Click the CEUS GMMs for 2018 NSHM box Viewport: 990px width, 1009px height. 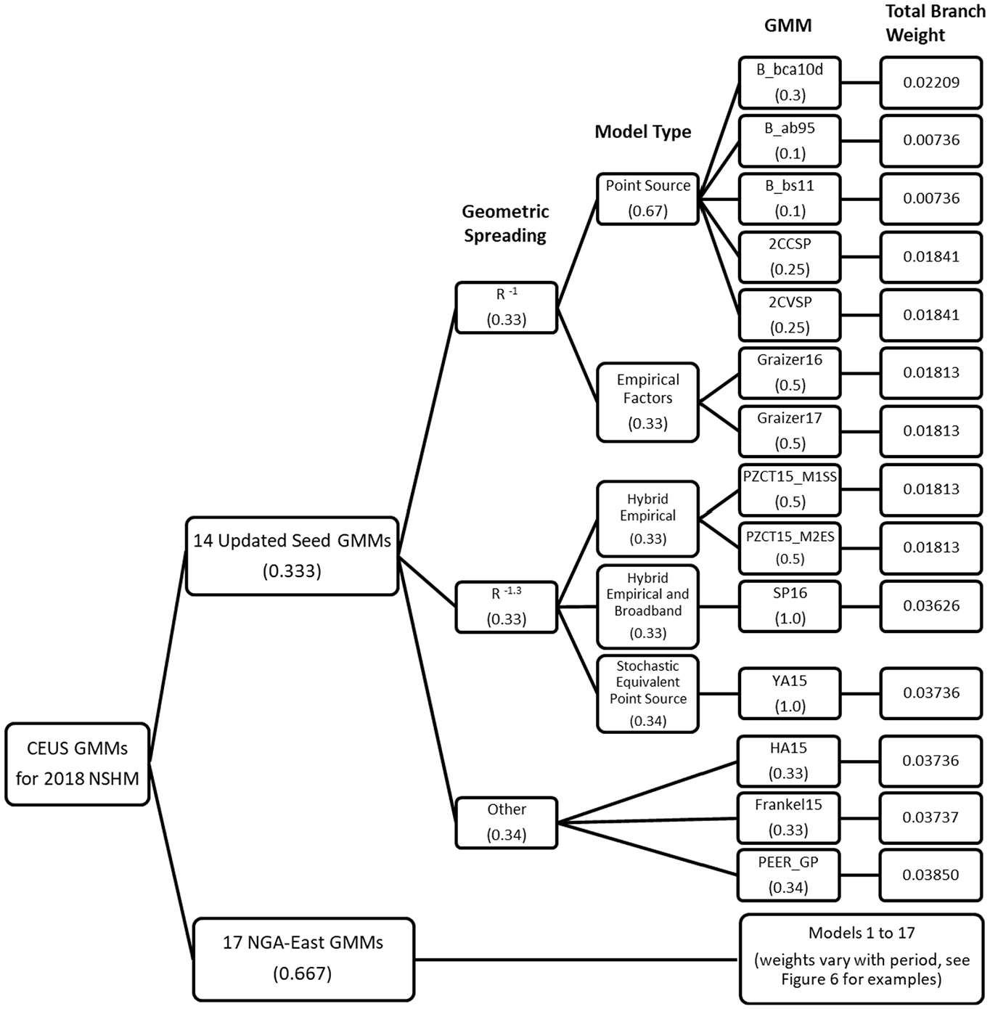78,764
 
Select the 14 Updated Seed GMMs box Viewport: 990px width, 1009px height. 292,556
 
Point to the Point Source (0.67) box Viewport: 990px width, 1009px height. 648,199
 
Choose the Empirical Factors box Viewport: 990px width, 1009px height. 648,402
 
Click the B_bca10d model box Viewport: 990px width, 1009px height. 790,83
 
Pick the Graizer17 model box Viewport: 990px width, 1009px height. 790,431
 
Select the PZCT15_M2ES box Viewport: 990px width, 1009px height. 790,548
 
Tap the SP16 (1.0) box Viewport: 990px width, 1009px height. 790,606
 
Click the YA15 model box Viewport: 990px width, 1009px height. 790,693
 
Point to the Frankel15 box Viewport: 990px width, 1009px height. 788,817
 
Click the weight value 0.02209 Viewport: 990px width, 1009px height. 931,83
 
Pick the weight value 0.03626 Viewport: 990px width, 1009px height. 931,606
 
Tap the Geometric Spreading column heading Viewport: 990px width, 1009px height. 505,224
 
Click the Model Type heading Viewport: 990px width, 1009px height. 643,131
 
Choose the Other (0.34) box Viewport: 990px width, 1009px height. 507,822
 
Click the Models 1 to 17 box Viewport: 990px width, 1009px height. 862,959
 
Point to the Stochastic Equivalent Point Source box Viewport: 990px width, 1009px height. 648,693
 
